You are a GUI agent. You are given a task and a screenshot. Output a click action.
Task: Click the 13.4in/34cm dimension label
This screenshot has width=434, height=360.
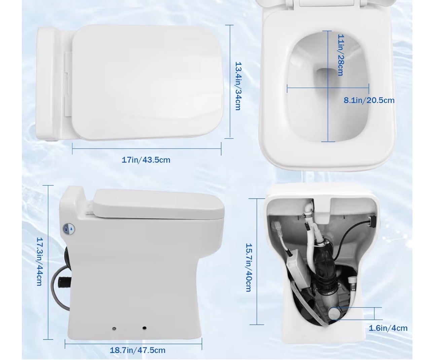pos(238,86)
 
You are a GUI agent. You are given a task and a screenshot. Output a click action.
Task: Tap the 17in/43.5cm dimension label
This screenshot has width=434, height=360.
pos(146,160)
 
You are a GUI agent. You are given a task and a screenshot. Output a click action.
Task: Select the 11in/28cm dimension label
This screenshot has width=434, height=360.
pos(340,55)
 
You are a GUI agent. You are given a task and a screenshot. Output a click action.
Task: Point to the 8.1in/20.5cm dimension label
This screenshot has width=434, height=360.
pos(369,100)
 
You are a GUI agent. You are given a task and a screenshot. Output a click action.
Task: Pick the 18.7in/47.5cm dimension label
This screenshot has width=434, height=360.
pos(138,350)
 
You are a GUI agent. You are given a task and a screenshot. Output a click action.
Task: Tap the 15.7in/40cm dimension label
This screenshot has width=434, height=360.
pos(249,268)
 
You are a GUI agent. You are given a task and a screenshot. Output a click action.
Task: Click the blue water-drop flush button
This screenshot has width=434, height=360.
pos(69,229)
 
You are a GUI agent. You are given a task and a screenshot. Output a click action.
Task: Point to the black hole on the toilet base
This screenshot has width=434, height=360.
pos(144,328)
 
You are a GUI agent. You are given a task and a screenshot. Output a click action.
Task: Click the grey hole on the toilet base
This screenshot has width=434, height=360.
pos(114,329)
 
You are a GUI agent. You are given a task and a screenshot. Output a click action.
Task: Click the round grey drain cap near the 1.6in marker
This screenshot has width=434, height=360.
pos(335,316)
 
